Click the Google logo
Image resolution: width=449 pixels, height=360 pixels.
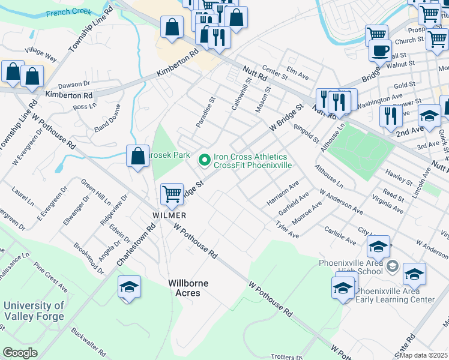click(x=20, y=353)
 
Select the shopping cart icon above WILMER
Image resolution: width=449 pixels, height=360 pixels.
click(x=172, y=194)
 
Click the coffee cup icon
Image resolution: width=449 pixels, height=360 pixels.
click(x=380, y=50)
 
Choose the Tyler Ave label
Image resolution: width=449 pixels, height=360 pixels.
click(x=287, y=230)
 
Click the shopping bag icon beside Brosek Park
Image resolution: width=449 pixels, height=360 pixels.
click(x=137, y=157)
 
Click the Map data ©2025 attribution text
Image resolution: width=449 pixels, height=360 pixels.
click(x=423, y=355)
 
